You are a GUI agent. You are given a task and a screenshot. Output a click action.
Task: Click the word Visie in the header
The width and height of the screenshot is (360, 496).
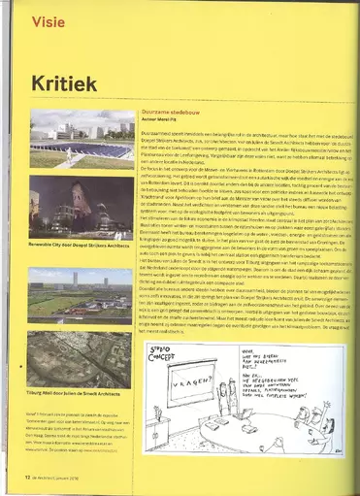tap(50, 19)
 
